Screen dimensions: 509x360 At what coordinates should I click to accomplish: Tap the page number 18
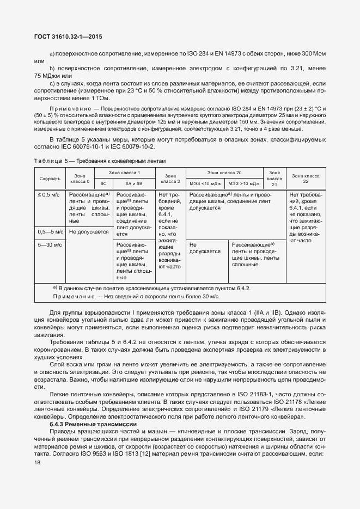point(38,462)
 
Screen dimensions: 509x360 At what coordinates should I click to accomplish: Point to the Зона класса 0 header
point(80,179)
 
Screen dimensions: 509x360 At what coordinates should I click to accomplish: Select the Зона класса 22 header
point(306,179)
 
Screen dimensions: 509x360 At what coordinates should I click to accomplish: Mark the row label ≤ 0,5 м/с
point(48,194)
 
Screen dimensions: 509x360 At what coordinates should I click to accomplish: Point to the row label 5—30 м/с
point(50,245)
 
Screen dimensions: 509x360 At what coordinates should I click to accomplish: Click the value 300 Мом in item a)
point(313,54)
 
